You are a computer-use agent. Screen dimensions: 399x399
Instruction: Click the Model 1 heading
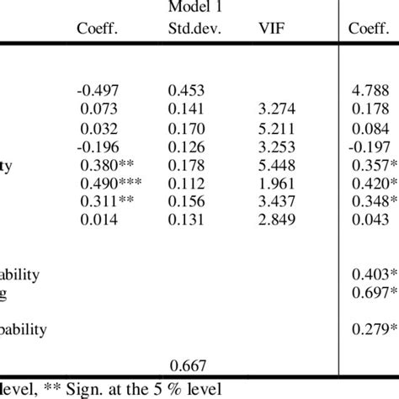(x=190, y=8)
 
